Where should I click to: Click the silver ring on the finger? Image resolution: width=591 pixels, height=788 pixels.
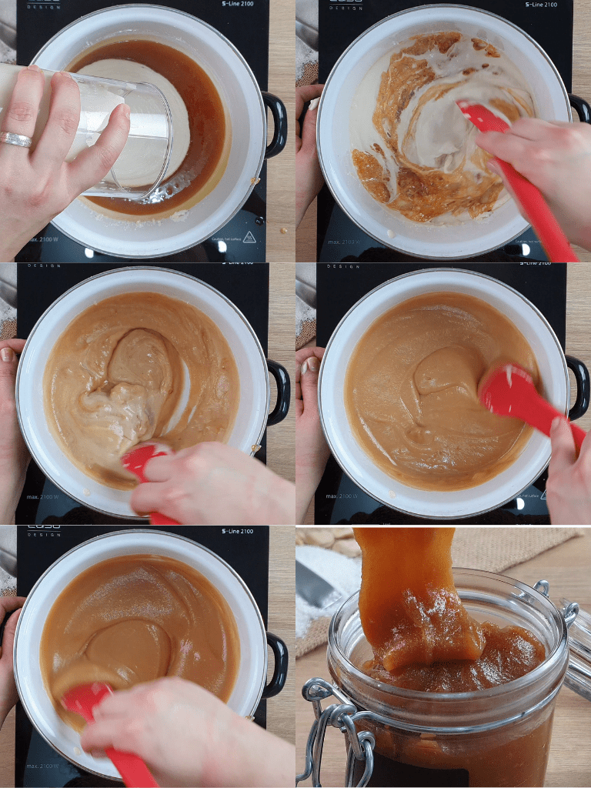[x=15, y=139]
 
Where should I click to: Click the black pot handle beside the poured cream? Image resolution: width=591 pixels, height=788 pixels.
[x=275, y=123]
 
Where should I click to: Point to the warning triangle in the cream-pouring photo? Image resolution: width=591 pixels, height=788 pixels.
[x=249, y=237]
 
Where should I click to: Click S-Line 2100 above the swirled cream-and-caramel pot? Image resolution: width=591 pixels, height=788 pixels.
[x=542, y=4]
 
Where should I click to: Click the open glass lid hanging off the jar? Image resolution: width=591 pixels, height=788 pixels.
[x=577, y=646]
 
